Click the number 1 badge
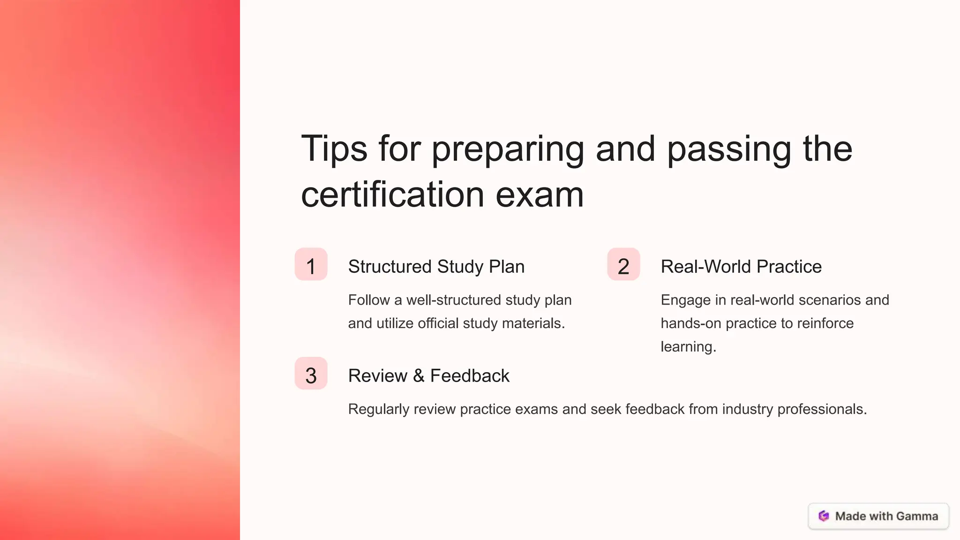coord(311,264)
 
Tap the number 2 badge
coord(623,264)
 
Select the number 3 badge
coord(311,374)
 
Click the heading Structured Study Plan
coord(436,267)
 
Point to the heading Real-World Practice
coord(741,267)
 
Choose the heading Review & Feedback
coord(428,376)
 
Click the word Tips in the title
coord(334,149)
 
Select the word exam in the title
coord(540,195)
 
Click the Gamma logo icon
coord(824,516)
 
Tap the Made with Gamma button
coord(878,516)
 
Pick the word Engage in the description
coord(685,300)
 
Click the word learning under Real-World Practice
coord(688,347)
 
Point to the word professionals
coord(822,410)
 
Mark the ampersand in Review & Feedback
coord(419,376)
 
